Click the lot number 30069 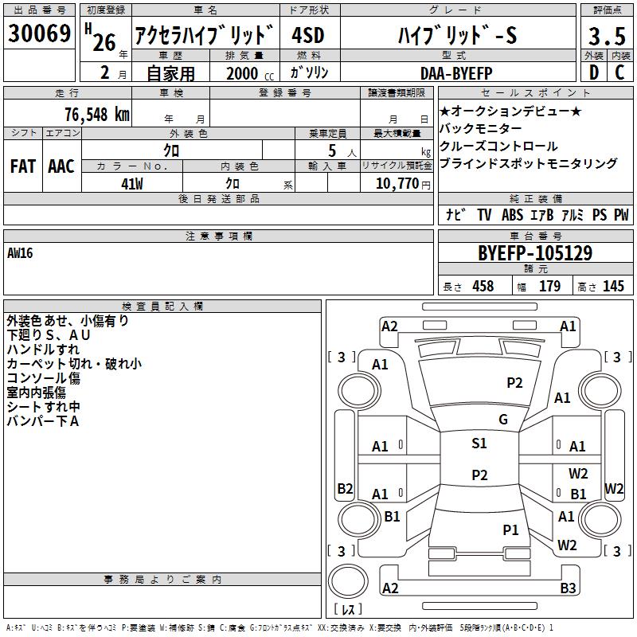pyautogui.click(x=39, y=33)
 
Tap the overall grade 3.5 pyautogui.click(x=607, y=36)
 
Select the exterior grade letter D pyautogui.click(x=594, y=72)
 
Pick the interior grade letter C pyautogui.click(x=619, y=72)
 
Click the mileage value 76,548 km pyautogui.click(x=97, y=115)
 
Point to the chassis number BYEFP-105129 pyautogui.click(x=535, y=253)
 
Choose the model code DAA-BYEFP pyautogui.click(x=456, y=73)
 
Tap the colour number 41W pyautogui.click(x=132, y=184)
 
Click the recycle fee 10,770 pyautogui.click(x=397, y=184)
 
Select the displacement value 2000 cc pyautogui.click(x=250, y=73)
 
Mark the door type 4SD pyautogui.click(x=308, y=35)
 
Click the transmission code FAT pyautogui.click(x=23, y=166)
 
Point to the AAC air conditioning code pyautogui.click(x=61, y=166)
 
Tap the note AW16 pyautogui.click(x=20, y=253)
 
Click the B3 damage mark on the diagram pyautogui.click(x=568, y=588)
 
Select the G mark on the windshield pyautogui.click(x=503, y=420)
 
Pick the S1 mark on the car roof pyautogui.click(x=479, y=443)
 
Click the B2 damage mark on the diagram pyautogui.click(x=345, y=488)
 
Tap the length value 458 pyautogui.click(x=483, y=286)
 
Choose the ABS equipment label pyautogui.click(x=512, y=215)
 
